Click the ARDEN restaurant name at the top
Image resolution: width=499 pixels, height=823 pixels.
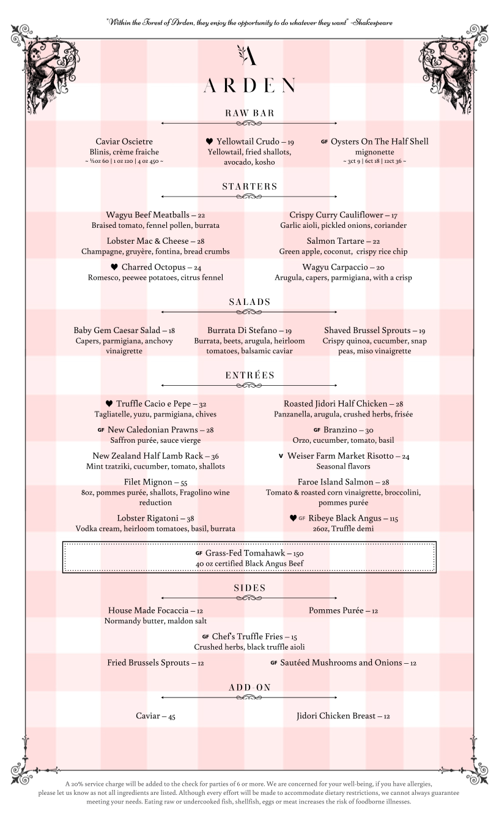[250, 86]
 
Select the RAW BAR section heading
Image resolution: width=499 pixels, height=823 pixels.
[250, 113]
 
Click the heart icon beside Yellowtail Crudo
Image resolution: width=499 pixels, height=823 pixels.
[209, 141]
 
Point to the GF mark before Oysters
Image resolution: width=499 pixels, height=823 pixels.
[324, 141]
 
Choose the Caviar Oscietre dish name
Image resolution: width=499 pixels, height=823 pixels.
[124, 141]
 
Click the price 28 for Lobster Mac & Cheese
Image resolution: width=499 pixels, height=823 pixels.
[201, 241]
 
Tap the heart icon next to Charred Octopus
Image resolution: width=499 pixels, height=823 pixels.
[114, 268]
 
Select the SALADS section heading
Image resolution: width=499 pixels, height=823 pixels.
[250, 302]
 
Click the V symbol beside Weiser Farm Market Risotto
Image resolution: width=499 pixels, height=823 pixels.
[281, 456]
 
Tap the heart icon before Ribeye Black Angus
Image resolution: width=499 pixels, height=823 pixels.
[293, 518]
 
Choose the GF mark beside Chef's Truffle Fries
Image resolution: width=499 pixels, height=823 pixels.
[205, 637]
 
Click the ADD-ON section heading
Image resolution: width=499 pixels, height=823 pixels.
[250, 688]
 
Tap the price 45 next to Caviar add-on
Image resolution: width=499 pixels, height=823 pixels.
[171, 716]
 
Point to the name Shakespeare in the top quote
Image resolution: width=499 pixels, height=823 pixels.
[372, 22]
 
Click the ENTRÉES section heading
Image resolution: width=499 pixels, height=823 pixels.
[250, 375]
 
